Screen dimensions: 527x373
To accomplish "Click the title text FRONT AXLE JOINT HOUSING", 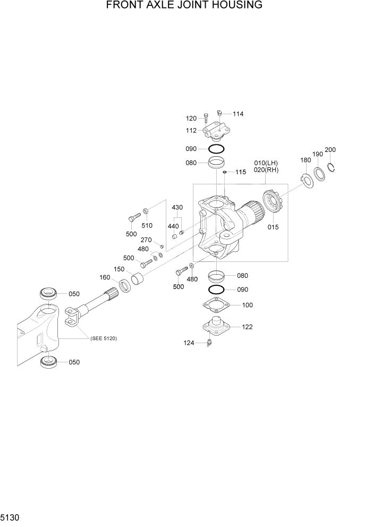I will pyautogui.click(x=184, y=6).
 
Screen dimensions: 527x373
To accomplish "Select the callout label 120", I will pyautogui.click(x=191, y=118).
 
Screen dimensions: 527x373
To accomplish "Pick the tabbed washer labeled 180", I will pyautogui.click(x=306, y=181).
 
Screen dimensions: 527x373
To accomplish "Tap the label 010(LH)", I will pyautogui.click(x=266, y=163).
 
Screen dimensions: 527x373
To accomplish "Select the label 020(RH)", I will pyautogui.click(x=266, y=170).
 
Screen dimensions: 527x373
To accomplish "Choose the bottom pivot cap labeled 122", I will pyautogui.click(x=216, y=326).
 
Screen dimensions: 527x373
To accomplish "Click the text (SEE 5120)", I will pyautogui.click(x=103, y=338).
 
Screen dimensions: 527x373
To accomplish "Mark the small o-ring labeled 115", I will pyautogui.click(x=226, y=172).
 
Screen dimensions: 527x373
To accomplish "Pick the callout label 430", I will pyautogui.click(x=177, y=207).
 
